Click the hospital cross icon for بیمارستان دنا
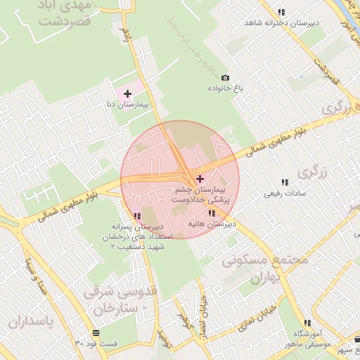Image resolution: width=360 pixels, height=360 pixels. click(127, 94)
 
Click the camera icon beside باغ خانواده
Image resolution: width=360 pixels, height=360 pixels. click(225, 77)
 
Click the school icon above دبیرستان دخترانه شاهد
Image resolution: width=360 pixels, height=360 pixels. click(281, 12)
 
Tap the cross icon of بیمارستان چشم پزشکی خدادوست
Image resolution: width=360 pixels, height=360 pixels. click(200, 179)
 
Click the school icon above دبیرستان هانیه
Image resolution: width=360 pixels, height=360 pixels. click(211, 213)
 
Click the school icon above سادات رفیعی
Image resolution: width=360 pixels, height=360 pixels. click(284, 182)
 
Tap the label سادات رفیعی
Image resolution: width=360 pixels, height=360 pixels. click(283, 193)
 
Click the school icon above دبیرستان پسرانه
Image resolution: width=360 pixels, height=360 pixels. click(137, 216)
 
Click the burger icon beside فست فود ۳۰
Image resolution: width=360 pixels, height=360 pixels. click(95, 332)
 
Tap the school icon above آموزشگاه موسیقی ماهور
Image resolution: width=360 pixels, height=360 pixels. click(307, 323)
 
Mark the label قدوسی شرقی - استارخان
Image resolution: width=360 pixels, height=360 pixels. click(116, 300)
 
